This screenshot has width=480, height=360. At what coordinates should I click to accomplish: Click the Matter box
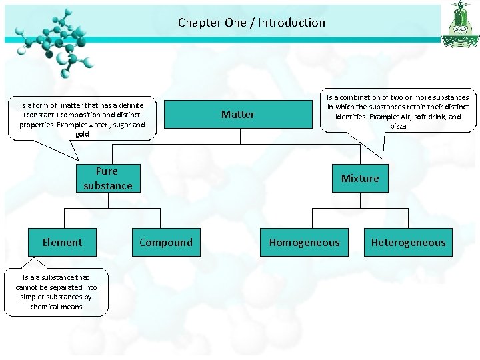click(238, 114)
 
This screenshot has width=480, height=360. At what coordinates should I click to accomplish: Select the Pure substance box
click(108, 178)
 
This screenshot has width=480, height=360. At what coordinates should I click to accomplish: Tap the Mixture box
click(360, 178)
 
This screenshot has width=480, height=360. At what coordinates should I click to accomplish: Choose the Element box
click(62, 243)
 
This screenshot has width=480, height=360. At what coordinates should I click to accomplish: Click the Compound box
click(165, 243)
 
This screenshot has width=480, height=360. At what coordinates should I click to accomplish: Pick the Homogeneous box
click(304, 243)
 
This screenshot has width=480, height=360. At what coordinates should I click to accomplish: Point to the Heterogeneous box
click(408, 243)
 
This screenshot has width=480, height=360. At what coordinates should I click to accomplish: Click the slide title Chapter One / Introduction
click(251, 23)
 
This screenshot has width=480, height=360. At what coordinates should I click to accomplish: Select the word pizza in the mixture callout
click(398, 126)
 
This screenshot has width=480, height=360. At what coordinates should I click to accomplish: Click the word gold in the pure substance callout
click(82, 134)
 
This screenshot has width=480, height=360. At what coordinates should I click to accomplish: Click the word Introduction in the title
click(291, 23)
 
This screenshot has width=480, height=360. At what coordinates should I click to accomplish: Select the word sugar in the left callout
click(118, 125)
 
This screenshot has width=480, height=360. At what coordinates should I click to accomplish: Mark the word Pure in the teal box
click(107, 171)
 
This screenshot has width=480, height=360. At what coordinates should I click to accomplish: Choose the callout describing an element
click(56, 292)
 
